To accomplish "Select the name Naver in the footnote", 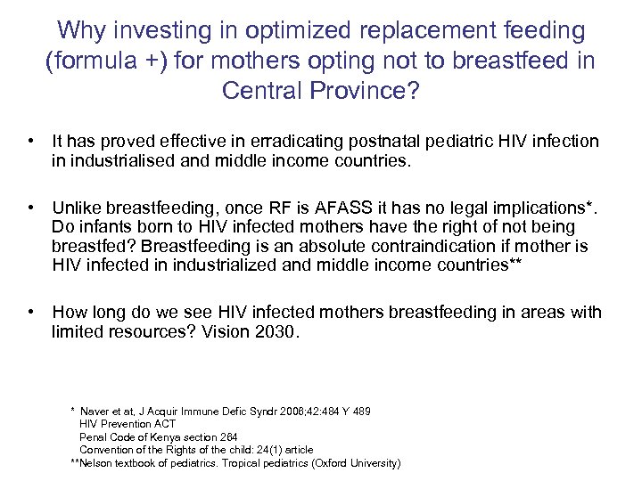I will (95, 412).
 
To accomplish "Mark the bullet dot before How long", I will (31, 312).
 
